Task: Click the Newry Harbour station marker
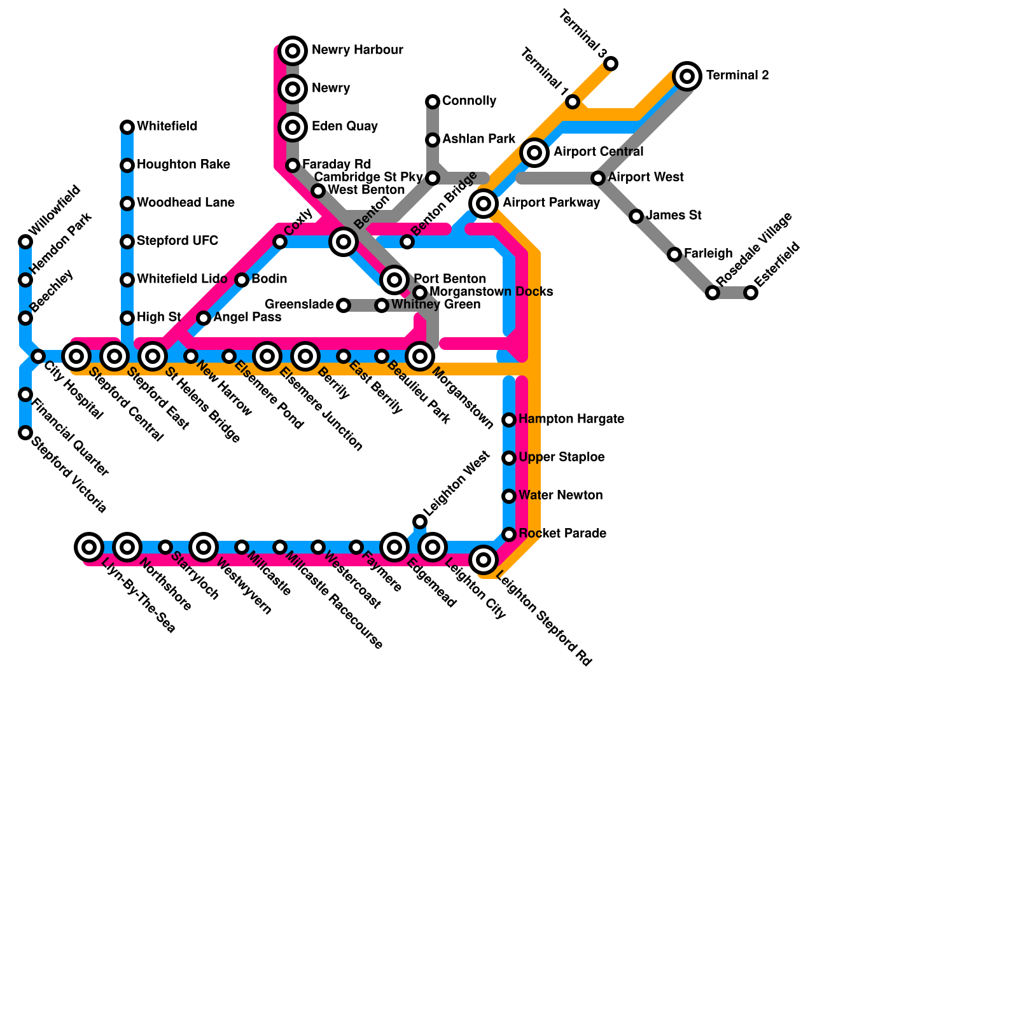pyautogui.click(x=293, y=51)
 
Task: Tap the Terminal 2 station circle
pyautogui.click(x=687, y=76)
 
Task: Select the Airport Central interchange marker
pyautogui.click(x=534, y=153)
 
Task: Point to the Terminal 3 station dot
pyautogui.click(x=611, y=64)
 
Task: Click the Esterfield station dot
pyautogui.click(x=751, y=293)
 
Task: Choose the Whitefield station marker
pyautogui.click(x=127, y=127)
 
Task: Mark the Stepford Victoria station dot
pyautogui.click(x=25, y=433)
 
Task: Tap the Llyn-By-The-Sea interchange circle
pyautogui.click(x=89, y=547)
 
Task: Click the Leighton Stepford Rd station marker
pyautogui.click(x=484, y=560)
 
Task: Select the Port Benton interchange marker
pyautogui.click(x=394, y=279)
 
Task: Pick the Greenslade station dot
pyautogui.click(x=344, y=305)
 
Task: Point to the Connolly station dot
pyautogui.click(x=433, y=102)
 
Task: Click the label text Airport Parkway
pyautogui.click(x=551, y=203)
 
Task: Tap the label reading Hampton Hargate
pyautogui.click(x=571, y=419)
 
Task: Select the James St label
pyautogui.click(x=673, y=216)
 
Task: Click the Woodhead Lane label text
pyautogui.click(x=185, y=203)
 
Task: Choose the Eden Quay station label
pyautogui.click(x=344, y=127)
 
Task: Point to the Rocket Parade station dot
pyautogui.click(x=509, y=534)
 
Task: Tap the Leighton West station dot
pyautogui.click(x=420, y=522)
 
